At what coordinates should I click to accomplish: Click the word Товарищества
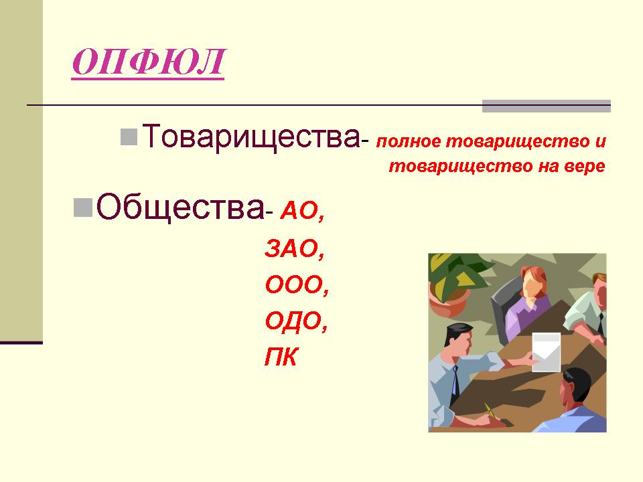pos(251,137)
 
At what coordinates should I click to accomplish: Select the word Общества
pos(180,207)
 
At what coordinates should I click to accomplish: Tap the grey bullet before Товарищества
pos(129,137)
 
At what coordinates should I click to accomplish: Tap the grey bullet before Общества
pos(83,208)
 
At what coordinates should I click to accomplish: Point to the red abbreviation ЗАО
pos(292,248)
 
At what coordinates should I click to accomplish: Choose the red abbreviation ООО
pos(295,285)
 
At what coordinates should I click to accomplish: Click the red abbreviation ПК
pos(281,356)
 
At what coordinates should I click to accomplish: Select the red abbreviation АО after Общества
pos(299,212)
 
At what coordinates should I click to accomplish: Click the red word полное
pos(409,141)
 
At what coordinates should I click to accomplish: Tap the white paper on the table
pos(547,352)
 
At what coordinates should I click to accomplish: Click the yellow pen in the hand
pos(490,410)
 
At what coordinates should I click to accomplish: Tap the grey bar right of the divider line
pos(547,106)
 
